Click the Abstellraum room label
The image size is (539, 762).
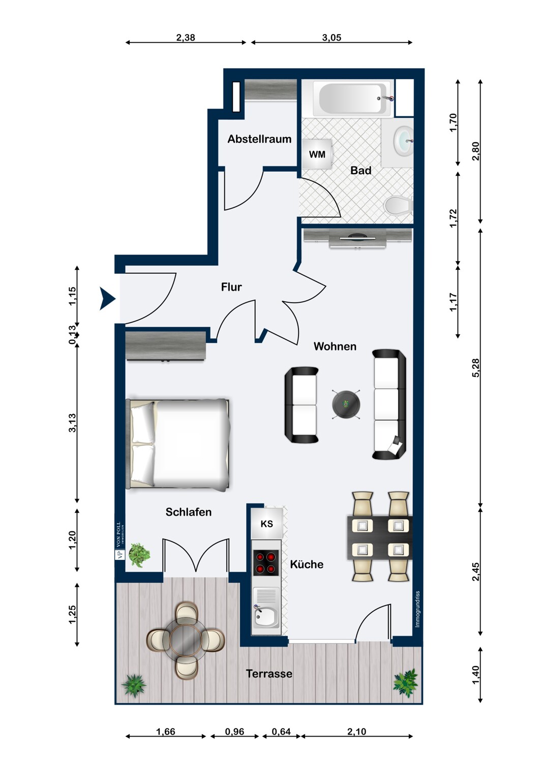point(259,139)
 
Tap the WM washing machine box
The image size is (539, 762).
point(317,154)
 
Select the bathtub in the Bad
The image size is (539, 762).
point(352,99)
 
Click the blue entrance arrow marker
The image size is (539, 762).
point(108,299)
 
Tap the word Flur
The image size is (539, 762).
point(231,287)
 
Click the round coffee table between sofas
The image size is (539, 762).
point(346,404)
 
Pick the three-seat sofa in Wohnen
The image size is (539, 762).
point(389,404)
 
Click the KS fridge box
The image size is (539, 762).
point(267,523)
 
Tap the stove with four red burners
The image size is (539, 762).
point(266,563)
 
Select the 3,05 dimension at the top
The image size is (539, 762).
point(332,38)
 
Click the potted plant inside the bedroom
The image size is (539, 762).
point(139,555)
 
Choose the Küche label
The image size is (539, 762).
point(307,564)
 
